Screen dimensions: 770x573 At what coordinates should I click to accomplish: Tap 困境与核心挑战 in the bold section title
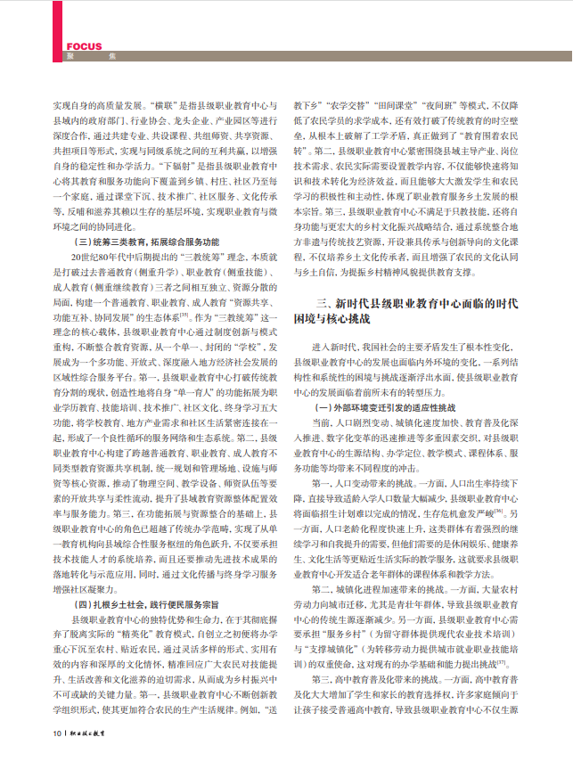(333, 317)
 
